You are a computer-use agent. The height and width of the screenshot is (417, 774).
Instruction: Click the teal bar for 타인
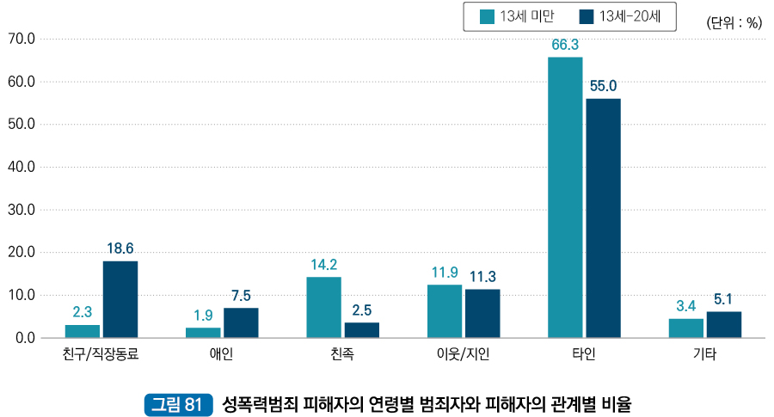pos(565,197)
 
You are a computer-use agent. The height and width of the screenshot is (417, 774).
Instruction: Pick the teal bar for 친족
pos(323,307)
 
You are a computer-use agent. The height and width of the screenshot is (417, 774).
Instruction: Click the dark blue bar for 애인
pos(241,322)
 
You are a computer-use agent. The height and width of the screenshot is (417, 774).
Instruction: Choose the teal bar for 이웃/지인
pos(445,311)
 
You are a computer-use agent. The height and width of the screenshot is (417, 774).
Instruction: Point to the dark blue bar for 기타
pos(724,324)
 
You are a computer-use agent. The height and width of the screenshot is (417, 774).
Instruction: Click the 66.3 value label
pos(565,45)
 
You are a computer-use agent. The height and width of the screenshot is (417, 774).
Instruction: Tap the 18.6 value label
pos(120,248)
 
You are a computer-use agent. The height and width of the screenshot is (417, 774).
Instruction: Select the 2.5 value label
pos(362,310)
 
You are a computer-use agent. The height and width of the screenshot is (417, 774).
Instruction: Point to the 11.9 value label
pos(445,273)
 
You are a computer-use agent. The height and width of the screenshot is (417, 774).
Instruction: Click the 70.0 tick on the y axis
pos(20,39)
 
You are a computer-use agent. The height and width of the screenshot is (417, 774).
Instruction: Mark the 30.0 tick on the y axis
pos(20,210)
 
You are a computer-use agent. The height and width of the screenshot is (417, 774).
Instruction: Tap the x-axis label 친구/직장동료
pos(101,354)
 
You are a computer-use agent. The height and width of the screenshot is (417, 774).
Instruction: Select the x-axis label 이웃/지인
pos(464,354)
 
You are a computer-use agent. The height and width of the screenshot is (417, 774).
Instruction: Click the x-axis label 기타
pos(705,354)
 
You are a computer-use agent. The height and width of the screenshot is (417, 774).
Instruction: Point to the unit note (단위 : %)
pos(734,23)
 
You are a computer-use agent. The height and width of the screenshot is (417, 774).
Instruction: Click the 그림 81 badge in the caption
pos(176,402)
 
